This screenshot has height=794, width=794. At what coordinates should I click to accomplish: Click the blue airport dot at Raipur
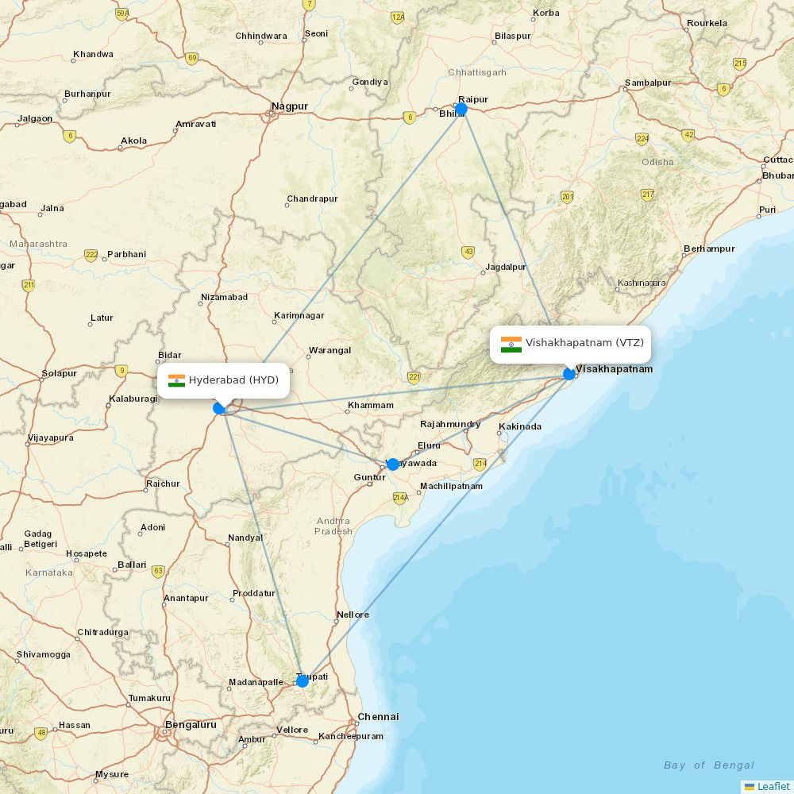(461, 109)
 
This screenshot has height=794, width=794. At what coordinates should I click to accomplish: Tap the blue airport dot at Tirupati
(303, 680)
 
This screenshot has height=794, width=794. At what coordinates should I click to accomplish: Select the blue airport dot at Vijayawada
(392, 464)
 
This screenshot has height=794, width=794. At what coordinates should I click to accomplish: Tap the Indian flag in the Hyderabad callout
(176, 380)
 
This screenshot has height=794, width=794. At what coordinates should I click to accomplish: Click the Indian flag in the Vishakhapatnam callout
(511, 344)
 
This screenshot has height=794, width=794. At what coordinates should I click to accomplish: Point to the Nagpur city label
(289, 106)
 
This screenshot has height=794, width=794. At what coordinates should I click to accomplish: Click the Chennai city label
(378, 717)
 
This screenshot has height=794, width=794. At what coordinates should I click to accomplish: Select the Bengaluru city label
(191, 725)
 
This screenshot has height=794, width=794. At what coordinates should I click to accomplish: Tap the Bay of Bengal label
(709, 765)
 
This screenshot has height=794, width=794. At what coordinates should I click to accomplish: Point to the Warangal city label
(330, 350)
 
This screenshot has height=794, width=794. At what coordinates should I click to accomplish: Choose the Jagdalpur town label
(506, 267)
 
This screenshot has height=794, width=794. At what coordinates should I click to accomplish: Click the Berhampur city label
(709, 249)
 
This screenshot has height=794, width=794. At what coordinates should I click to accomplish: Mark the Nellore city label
(353, 615)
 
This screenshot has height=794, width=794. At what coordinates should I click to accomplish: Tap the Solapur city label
(60, 373)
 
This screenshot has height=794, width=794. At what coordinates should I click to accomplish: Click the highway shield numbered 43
(468, 252)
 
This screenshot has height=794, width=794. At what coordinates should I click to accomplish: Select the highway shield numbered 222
(91, 255)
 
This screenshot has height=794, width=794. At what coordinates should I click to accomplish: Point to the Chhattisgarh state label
(476, 72)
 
